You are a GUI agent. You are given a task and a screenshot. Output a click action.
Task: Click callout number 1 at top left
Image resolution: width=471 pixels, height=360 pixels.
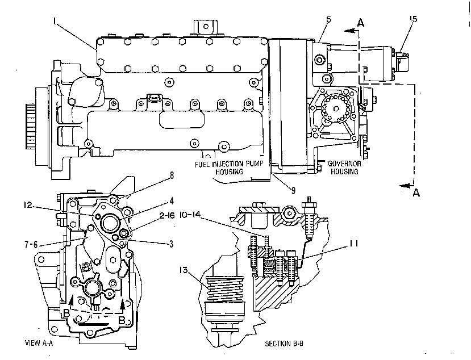(x=55, y=21)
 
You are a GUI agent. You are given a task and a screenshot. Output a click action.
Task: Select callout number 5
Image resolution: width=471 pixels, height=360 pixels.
(x=328, y=19)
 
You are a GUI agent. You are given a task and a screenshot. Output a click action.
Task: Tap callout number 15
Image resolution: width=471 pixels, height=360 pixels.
(x=413, y=19)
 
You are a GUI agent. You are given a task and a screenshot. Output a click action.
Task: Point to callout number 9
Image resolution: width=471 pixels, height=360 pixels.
(x=293, y=190)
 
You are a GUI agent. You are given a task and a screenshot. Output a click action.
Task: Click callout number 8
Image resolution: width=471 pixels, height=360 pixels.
(x=172, y=175)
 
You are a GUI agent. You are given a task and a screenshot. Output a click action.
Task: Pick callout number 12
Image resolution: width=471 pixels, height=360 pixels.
(x=28, y=205)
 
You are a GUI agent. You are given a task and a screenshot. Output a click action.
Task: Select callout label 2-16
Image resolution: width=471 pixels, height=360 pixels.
(x=166, y=216)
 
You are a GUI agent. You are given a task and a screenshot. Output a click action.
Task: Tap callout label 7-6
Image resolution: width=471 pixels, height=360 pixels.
(x=31, y=245)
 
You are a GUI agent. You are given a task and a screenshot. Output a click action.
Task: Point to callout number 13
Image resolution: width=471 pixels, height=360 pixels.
(x=184, y=270)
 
